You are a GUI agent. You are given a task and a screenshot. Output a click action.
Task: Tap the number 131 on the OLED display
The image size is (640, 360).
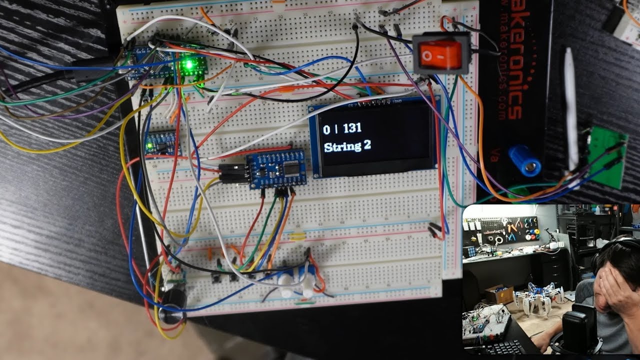(352, 128)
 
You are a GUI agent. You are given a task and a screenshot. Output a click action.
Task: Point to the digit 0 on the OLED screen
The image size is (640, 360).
(326, 129)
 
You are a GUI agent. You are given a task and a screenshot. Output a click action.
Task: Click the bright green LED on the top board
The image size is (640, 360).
(188, 64)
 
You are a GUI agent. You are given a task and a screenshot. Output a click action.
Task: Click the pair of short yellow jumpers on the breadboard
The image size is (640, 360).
(297, 235)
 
